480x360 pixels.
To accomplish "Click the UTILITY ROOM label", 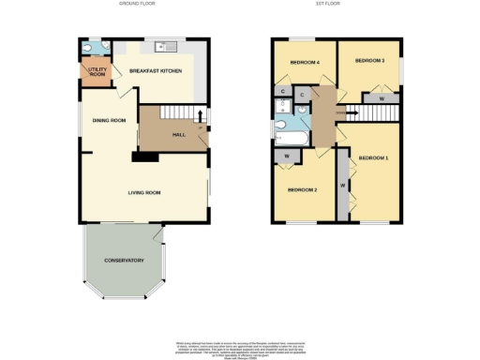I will tap(97, 71).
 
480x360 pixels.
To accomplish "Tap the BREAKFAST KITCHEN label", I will tap(155, 71).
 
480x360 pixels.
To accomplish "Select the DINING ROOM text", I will tap(109, 120).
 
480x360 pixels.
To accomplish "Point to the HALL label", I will tap(178, 135).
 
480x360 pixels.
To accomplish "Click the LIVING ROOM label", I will tap(145, 192).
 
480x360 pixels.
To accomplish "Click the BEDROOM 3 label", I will tap(369, 60).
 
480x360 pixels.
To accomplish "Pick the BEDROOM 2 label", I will tap(303, 190).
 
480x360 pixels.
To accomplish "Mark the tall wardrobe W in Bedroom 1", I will tap(343, 187).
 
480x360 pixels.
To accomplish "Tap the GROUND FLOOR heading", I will tap(136, 5).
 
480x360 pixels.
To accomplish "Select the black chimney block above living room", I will tap(145, 157).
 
